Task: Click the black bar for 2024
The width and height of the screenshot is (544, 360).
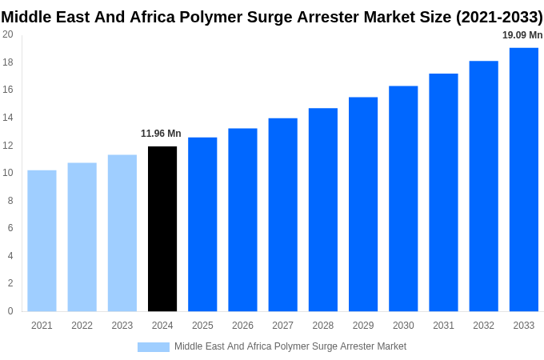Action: click(162, 229)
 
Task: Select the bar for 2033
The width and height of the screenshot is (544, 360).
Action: click(523, 179)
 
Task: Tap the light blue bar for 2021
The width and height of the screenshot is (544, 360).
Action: click(42, 241)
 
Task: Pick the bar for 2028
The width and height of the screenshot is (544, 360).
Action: click(323, 210)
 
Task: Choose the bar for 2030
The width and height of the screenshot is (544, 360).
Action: click(403, 198)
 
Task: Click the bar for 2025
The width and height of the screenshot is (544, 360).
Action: click(202, 224)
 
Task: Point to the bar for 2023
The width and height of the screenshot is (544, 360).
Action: click(122, 233)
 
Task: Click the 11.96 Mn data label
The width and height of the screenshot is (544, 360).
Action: click(161, 134)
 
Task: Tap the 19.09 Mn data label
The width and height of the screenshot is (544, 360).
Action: click(522, 35)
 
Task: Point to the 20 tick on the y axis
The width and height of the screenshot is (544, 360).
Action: click(8, 34)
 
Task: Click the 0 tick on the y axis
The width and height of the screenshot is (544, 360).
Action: click(10, 311)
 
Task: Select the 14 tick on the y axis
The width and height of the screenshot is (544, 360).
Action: click(8, 118)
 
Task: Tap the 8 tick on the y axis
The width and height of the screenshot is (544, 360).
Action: click(10, 201)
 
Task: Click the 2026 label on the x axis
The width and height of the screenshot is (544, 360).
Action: click(242, 326)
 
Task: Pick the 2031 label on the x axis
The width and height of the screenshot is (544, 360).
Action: click(443, 326)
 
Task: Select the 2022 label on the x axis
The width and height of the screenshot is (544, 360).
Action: click(82, 326)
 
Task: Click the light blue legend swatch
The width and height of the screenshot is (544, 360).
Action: click(153, 346)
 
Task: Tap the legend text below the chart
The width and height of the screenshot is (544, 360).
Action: click(290, 346)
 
